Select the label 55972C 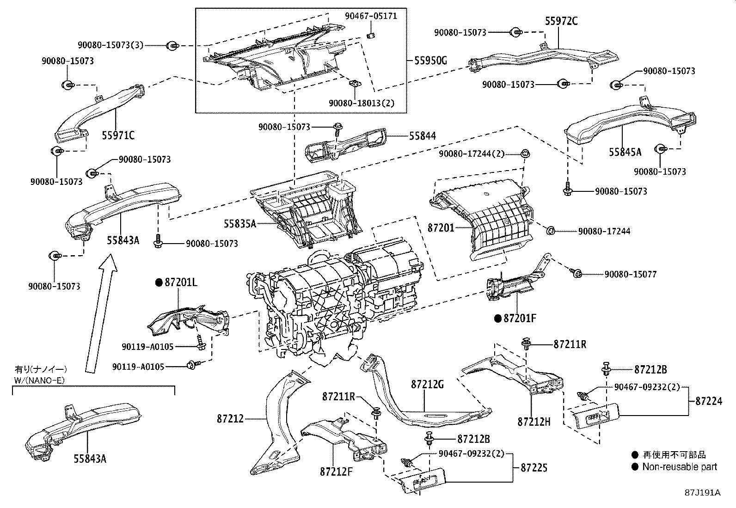(x=561, y=21)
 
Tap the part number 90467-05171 (x=371, y=16)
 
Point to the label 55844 (x=422, y=136)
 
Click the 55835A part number (x=240, y=224)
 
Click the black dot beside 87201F (x=497, y=318)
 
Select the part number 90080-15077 (x=630, y=274)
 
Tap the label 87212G (x=427, y=385)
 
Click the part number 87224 (x=708, y=402)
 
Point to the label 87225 (x=534, y=468)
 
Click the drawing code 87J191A (x=702, y=492)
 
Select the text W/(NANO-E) (x=40, y=380)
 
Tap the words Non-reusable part (x=679, y=467)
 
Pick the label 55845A (x=625, y=152)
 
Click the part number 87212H (x=534, y=422)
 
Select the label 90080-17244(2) (x=472, y=154)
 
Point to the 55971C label (x=118, y=135)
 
